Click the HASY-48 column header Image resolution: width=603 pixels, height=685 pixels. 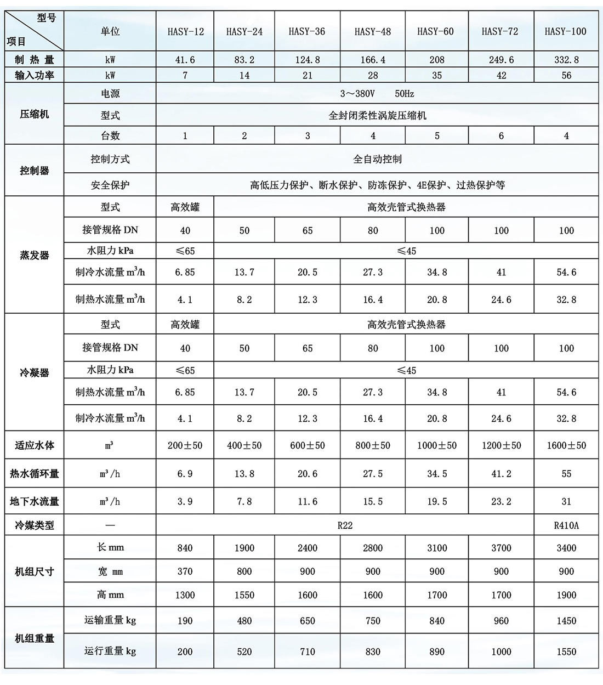tap(373, 31)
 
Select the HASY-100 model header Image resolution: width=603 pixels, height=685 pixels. tap(565, 31)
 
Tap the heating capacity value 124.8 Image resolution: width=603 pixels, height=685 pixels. tap(307, 60)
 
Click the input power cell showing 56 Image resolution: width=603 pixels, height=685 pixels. tap(566, 75)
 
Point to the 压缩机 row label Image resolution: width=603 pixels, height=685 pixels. tap(34, 114)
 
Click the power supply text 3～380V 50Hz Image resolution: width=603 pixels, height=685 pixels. tap(377, 94)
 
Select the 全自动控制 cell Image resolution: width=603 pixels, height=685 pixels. tap(377, 159)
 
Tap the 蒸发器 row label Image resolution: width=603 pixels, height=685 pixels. tap(34, 255)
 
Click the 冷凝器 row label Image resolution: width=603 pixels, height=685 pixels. tap(34, 372)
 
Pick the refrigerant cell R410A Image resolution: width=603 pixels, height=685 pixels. tap(566, 525)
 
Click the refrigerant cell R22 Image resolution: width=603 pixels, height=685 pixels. tap(345, 525)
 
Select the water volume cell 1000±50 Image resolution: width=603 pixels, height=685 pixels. tap(436, 445)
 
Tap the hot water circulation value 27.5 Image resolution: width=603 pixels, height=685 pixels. tap(373, 474)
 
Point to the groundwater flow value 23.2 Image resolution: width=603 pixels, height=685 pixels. tap(501, 501)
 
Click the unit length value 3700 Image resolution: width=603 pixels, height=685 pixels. tap(501, 548)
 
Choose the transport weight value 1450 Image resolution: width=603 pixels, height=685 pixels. tap(566, 621)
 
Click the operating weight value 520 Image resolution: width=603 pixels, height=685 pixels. tap(244, 652)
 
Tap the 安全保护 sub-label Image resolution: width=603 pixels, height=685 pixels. tap(110, 185)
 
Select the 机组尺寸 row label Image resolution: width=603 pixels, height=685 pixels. tap(34, 571)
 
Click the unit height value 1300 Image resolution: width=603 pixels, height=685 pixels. tap(185, 595)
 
